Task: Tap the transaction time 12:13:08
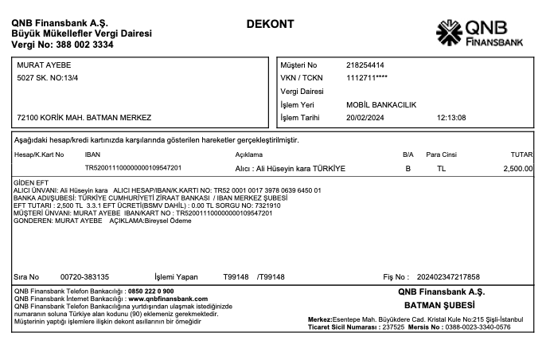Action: (451, 118)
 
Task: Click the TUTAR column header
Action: (521, 153)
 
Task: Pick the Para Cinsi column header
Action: (442, 153)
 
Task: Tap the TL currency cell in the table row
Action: (441, 169)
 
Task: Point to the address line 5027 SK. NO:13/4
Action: (49, 78)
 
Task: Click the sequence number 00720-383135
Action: (84, 276)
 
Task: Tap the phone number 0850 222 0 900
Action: (150, 292)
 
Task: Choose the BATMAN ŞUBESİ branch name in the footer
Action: (439, 305)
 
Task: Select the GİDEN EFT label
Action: (31, 183)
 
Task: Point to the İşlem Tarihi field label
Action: (300, 118)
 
